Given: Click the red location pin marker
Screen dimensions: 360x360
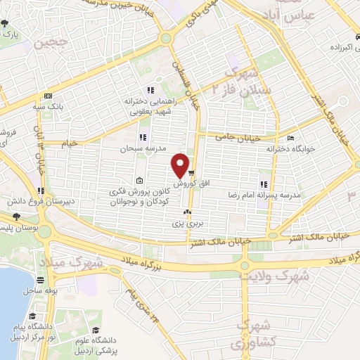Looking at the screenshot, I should tap(181, 165).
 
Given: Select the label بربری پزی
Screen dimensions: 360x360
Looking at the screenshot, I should tap(187, 223).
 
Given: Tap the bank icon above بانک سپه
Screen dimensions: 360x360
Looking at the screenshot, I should tap(48, 96).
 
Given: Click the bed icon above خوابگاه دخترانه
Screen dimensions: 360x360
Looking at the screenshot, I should tap(291, 139).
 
